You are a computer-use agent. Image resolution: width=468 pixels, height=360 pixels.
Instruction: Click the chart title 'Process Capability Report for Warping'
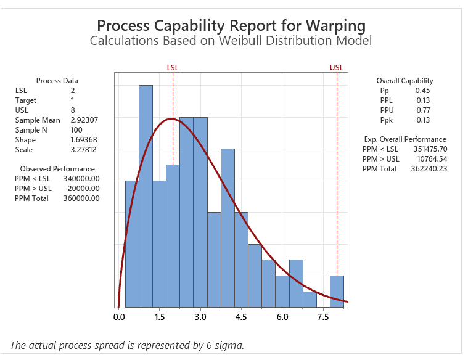point(231,26)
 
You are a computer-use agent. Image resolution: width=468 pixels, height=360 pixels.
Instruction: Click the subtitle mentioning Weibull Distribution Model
point(231,41)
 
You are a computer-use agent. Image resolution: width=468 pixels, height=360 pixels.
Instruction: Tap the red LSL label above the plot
point(173,67)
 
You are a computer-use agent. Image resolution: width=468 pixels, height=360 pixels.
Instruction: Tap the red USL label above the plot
point(337,67)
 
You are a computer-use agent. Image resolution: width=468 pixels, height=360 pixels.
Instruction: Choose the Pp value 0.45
point(422,91)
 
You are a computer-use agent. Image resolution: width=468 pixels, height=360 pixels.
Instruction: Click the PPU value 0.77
point(422,110)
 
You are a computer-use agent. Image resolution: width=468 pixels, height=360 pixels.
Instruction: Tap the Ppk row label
point(386,120)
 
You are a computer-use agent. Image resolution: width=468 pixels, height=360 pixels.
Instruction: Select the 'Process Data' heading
point(57,81)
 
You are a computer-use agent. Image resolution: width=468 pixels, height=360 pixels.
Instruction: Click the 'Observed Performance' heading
point(57,169)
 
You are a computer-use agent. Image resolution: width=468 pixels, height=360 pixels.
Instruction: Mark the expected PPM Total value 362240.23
point(429,169)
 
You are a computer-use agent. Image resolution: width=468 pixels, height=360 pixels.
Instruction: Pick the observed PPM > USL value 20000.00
point(81,189)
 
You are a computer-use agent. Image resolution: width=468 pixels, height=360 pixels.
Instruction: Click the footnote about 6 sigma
point(127,345)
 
